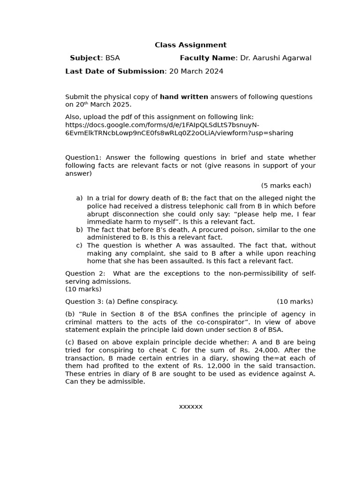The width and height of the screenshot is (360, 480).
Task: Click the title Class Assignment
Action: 190,45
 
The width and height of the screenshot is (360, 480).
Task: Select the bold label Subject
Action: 85,58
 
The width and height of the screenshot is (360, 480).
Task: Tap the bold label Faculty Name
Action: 207,58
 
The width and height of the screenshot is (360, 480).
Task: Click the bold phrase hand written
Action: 184,97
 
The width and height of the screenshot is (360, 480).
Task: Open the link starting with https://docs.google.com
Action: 162,125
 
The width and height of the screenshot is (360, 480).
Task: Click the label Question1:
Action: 83,157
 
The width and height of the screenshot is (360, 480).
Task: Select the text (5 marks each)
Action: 286,186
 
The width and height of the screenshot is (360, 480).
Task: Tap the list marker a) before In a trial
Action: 79,198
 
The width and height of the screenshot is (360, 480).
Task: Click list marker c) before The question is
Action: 79,246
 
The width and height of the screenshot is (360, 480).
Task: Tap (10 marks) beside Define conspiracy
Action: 295,301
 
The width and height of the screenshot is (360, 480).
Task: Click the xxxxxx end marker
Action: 190,406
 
